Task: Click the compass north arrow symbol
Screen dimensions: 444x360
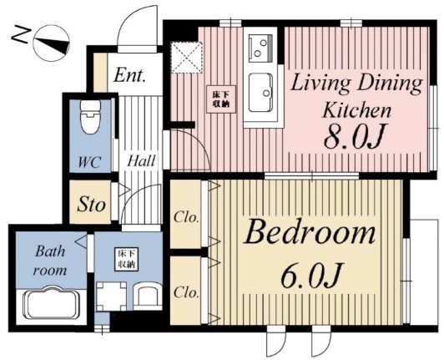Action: (x=51, y=43)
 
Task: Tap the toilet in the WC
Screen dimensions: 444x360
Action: (x=90, y=116)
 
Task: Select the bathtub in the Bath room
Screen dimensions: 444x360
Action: (x=51, y=303)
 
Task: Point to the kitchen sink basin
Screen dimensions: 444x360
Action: (x=260, y=93)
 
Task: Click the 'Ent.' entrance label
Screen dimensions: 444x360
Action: (x=129, y=76)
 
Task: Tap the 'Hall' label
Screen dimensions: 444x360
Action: (x=141, y=161)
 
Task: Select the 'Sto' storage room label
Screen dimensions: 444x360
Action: (x=91, y=205)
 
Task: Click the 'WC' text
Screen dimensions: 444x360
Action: (x=89, y=162)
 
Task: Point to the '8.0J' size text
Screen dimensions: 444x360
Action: (x=354, y=138)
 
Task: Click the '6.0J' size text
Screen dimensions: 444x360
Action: (x=312, y=275)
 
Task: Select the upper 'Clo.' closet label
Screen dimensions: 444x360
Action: (x=186, y=218)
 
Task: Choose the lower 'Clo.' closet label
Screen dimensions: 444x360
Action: (x=186, y=292)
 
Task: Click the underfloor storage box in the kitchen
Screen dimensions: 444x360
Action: (x=221, y=99)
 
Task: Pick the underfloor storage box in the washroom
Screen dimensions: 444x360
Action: (x=126, y=260)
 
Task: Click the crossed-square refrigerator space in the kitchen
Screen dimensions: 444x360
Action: (x=187, y=58)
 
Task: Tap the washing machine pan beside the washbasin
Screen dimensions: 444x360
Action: (x=111, y=297)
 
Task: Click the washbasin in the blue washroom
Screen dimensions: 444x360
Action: (x=147, y=297)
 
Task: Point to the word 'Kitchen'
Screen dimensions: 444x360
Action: (x=357, y=110)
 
